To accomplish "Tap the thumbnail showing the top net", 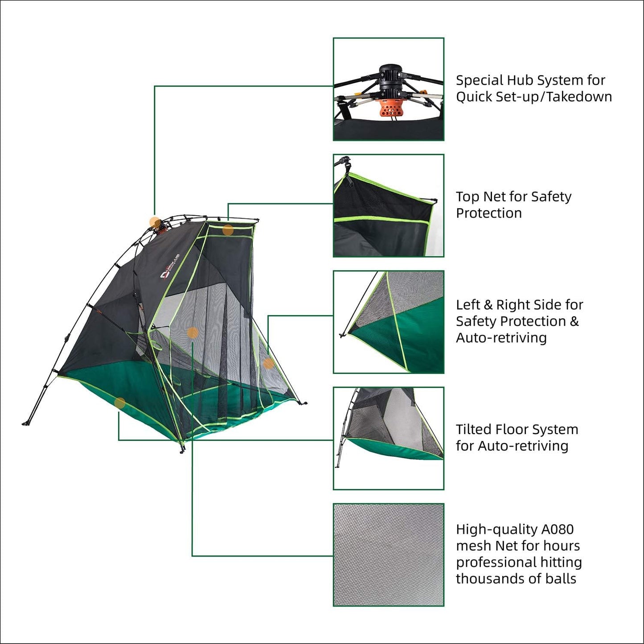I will click(x=388, y=205).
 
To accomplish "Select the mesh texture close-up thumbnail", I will click(x=388, y=554).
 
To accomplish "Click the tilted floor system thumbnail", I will click(x=388, y=438).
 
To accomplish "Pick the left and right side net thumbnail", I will click(x=388, y=322).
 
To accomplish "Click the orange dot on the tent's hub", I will click(x=155, y=222).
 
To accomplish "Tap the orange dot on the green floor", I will click(x=119, y=403).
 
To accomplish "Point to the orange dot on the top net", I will click(x=228, y=230).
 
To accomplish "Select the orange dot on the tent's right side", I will click(x=268, y=363).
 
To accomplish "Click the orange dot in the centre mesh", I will click(x=193, y=332).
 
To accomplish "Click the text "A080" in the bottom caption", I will click(x=557, y=529).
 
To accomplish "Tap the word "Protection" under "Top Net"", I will click(x=488, y=213).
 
